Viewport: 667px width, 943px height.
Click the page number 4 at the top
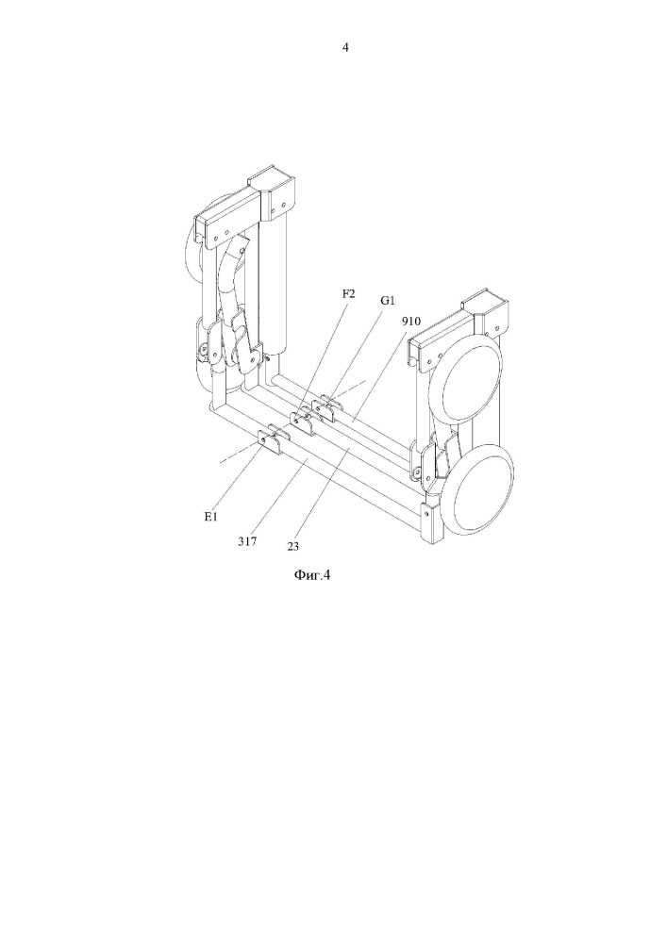(345, 47)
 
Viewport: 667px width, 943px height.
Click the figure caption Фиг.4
(312, 575)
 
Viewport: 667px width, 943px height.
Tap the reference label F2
(349, 293)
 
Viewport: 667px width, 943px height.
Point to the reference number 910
(411, 322)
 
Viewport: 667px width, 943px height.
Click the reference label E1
(210, 517)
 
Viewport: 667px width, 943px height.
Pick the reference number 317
(247, 541)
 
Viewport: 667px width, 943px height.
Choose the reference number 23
(292, 547)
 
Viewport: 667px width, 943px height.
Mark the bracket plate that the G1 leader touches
(325, 409)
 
